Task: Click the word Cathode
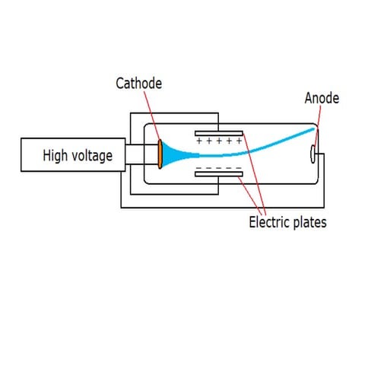[138, 83]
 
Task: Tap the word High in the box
[57, 156]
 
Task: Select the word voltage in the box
[93, 157]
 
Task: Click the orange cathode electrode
[160, 154]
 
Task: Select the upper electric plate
[219, 133]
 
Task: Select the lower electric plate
[219, 173]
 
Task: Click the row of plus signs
[218, 141]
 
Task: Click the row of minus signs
[218, 166]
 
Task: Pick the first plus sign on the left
[200, 141]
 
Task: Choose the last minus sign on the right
[236, 166]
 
